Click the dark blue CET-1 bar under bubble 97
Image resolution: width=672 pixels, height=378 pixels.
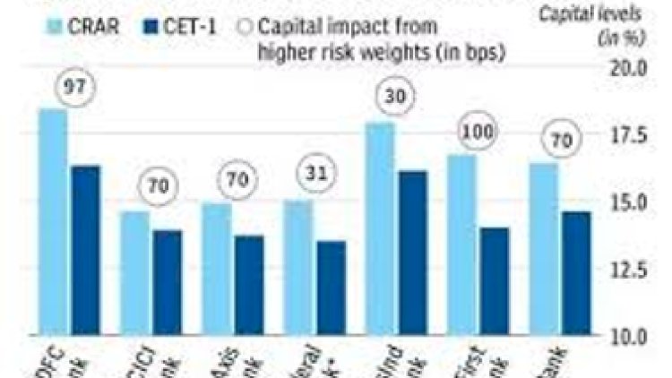[85, 251]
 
